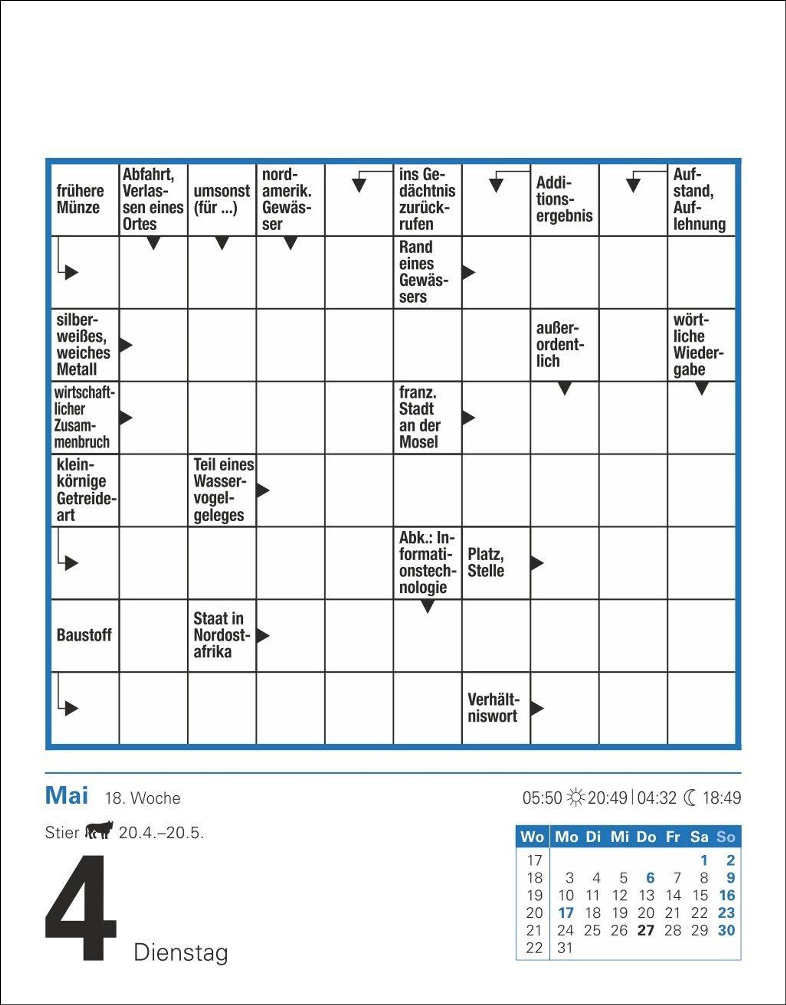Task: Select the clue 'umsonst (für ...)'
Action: (221, 199)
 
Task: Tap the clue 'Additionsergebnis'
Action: (564, 199)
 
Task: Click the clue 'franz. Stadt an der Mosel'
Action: (420, 418)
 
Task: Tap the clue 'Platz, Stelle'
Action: (486, 563)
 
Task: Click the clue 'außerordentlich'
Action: (560, 345)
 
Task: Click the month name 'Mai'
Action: (67, 796)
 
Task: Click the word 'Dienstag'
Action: (181, 953)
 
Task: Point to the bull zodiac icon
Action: (99, 830)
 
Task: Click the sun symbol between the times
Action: (575, 797)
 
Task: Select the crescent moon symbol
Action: (690, 797)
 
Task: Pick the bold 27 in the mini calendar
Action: (646, 930)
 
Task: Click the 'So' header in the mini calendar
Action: (726, 837)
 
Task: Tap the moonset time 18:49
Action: (721, 797)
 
